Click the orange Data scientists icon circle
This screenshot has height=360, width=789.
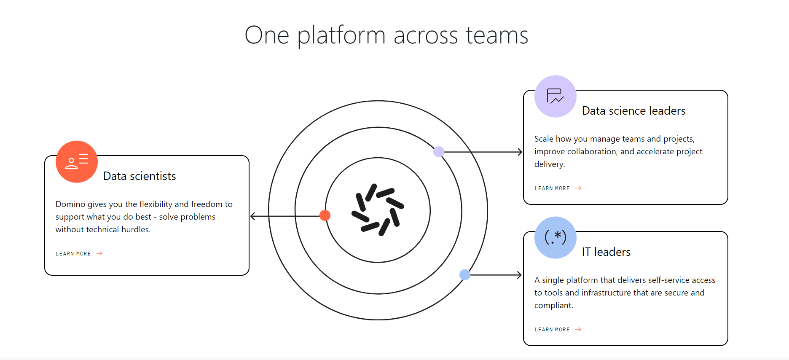77,162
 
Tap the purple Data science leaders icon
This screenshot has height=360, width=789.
555,97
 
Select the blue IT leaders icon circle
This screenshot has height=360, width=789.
555,238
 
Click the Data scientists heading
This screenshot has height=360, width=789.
140,176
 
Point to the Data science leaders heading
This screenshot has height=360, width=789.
633,111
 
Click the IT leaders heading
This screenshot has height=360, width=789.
606,252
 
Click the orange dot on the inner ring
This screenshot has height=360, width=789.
325,215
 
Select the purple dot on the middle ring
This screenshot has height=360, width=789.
439,152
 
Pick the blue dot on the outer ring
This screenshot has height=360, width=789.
465,275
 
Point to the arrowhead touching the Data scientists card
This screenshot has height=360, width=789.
252,216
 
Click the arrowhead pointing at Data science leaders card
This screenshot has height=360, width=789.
520,152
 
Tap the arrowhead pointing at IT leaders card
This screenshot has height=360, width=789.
520,275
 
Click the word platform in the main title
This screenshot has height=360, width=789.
341,35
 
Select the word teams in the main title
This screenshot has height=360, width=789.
497,35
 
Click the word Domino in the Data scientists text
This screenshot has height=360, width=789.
70,204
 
